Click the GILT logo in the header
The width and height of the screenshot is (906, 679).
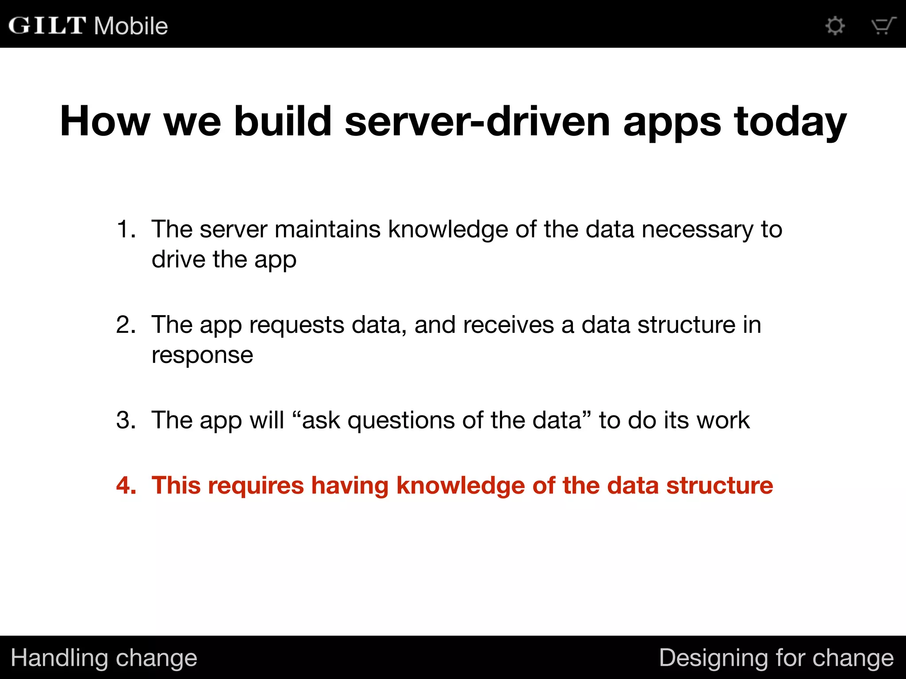[47, 25]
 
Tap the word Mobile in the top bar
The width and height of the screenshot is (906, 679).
[131, 26]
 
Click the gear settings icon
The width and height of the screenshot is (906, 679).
[835, 26]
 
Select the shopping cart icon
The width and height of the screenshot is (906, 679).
[883, 26]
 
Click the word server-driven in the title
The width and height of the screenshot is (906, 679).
[477, 121]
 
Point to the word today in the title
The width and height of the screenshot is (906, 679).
[790, 122]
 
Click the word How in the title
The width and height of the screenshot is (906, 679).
[105, 121]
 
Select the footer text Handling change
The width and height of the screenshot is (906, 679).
[104, 658]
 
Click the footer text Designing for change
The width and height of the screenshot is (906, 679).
[776, 658]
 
